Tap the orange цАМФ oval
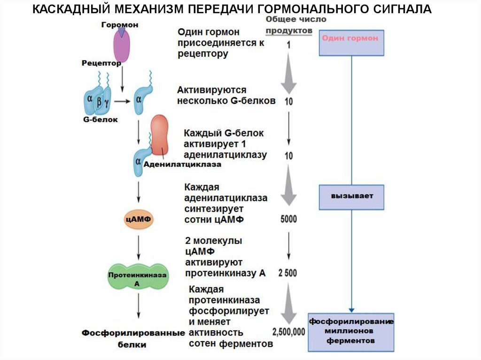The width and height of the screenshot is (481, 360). click(139, 219)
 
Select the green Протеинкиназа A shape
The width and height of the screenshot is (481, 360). click(138, 278)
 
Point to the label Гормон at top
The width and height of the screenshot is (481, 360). click(120, 24)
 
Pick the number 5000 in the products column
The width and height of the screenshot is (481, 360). click(288, 219)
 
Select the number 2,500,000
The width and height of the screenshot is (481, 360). click(288, 331)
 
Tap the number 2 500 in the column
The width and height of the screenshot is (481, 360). click(287, 273)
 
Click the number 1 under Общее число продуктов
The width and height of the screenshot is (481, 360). click(288, 45)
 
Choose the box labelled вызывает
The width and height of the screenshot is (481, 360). click(352, 197)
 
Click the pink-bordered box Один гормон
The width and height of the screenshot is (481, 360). click(352, 43)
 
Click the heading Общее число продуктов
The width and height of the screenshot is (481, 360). click(287, 24)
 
